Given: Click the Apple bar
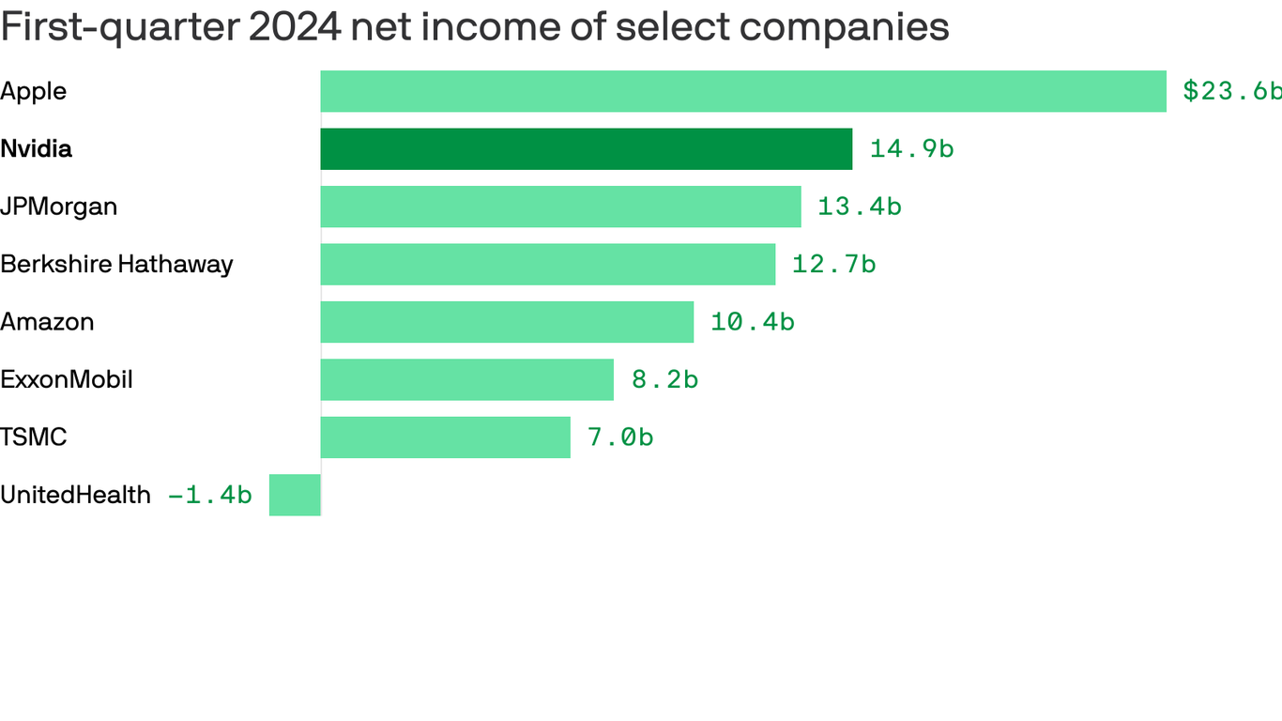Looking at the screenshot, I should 743,91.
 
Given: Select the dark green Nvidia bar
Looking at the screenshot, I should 587,149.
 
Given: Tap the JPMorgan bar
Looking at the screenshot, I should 560,207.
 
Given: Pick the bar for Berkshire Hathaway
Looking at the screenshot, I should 548,265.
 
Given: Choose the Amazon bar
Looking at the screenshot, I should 507,322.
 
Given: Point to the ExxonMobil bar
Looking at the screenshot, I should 466,380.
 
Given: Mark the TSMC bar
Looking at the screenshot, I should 445,437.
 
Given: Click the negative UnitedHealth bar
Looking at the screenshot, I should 295,495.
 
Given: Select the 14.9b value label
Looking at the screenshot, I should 911,149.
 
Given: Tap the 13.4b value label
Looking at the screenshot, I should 859,207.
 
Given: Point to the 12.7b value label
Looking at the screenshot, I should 833,265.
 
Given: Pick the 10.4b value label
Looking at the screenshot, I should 752,322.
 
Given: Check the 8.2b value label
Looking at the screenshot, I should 664,380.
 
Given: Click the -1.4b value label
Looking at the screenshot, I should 209,495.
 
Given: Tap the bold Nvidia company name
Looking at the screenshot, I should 36,149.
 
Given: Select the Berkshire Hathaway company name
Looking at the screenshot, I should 116,265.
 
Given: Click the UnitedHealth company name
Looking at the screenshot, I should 75,495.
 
